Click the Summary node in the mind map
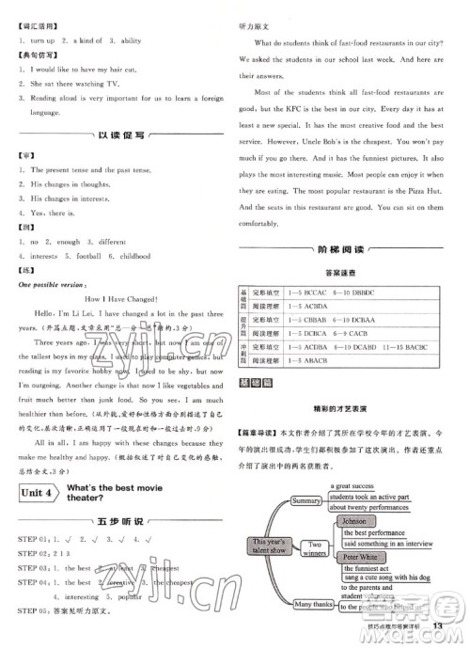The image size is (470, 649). [x=306, y=501]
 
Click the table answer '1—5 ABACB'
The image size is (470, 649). [x=307, y=360]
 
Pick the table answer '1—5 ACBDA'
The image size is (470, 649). [x=307, y=307]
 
